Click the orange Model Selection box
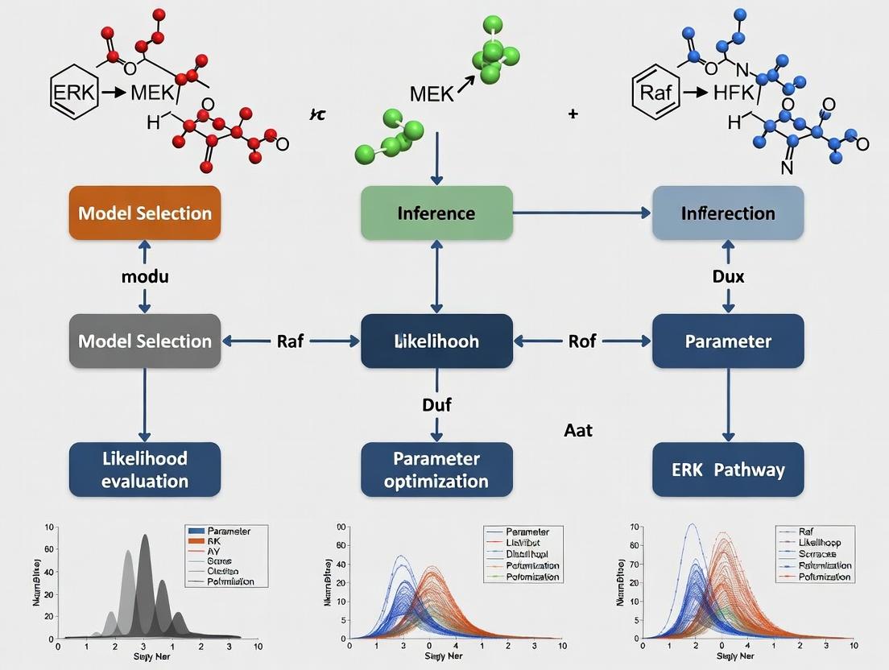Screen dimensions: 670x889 click(x=145, y=213)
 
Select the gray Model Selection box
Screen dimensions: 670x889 click(x=145, y=341)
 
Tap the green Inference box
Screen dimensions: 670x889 click(x=436, y=213)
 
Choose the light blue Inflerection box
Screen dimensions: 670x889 click(x=728, y=213)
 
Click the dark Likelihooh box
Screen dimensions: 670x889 click(x=436, y=341)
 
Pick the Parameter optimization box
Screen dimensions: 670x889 click(x=436, y=469)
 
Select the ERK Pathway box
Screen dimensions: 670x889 click(x=728, y=469)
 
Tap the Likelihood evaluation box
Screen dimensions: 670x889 click(x=145, y=469)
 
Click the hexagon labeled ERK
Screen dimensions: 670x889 click(x=74, y=93)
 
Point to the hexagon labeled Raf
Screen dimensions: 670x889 click(x=654, y=93)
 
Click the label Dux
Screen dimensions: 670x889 click(x=728, y=276)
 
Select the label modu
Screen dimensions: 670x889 click(x=144, y=276)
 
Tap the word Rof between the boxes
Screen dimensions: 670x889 click(x=581, y=341)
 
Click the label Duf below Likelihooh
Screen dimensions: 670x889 click(x=436, y=405)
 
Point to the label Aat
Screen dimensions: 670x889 click(x=578, y=431)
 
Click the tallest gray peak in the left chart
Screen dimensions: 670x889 click(x=145, y=538)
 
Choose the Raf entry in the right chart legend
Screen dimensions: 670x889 click(x=806, y=531)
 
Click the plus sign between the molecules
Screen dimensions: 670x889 click(x=573, y=114)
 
